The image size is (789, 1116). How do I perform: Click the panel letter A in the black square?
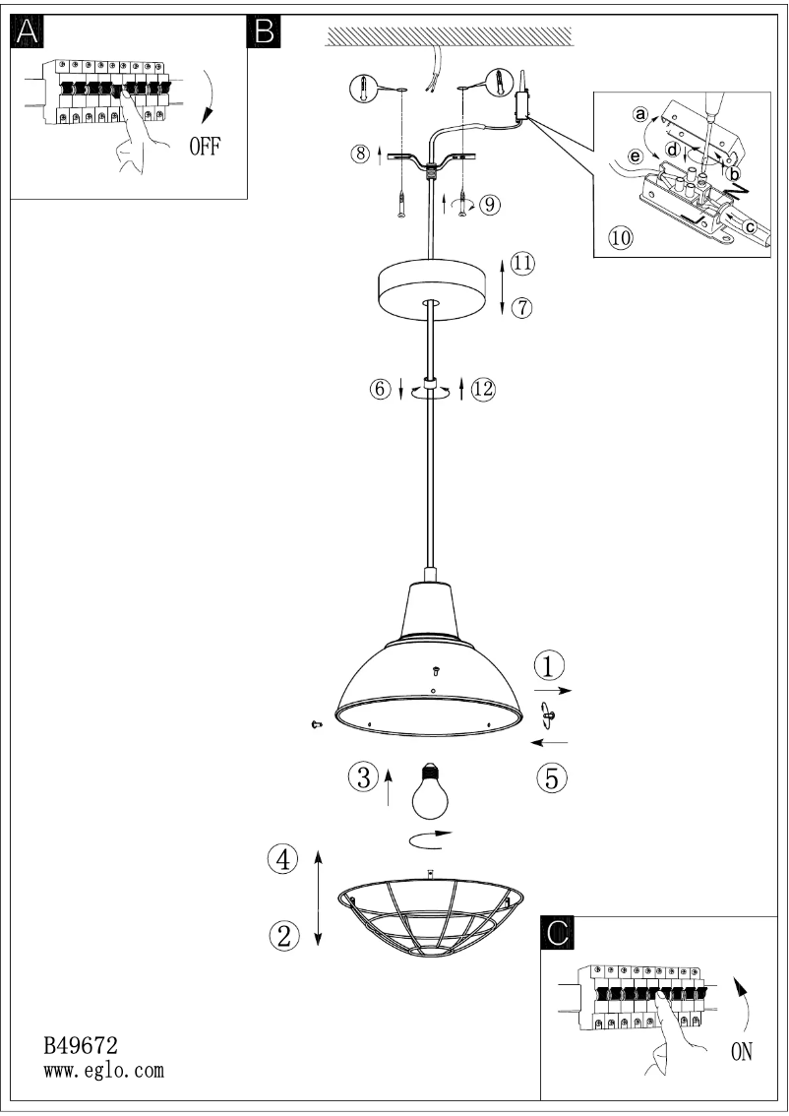tap(28, 32)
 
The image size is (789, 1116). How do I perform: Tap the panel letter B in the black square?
tap(264, 32)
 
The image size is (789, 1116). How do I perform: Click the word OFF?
tap(205, 147)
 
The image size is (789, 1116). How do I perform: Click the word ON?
tap(742, 1052)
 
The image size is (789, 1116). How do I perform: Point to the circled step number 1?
tap(549, 666)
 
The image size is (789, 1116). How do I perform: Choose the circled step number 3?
tap(363, 777)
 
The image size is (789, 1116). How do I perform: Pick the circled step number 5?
tap(551, 777)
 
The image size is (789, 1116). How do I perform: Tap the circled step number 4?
tap(283, 859)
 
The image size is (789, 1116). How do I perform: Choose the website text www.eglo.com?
tap(104, 1070)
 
